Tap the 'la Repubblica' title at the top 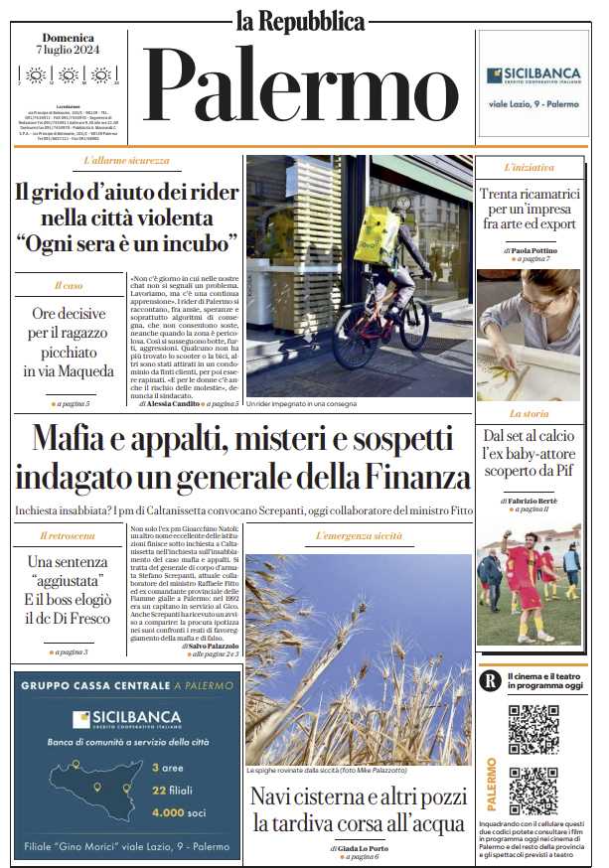coord(300,20)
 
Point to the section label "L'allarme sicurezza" coord(126,161)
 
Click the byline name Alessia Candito coord(178,404)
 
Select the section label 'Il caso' coord(69,286)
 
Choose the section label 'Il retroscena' coord(68,536)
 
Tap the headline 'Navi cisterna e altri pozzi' coord(358,796)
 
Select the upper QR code coord(533,729)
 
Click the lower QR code coord(533,791)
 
